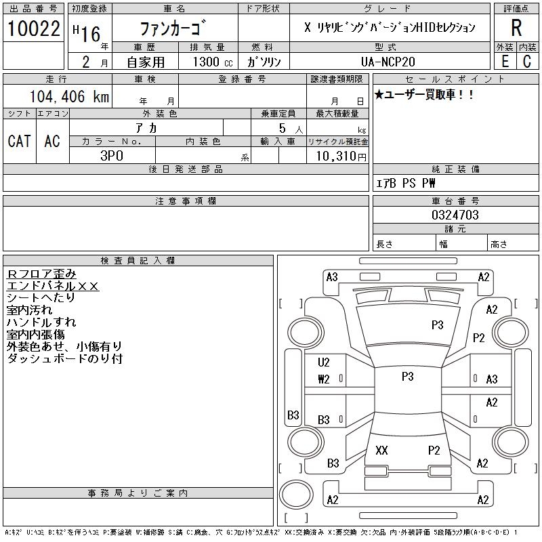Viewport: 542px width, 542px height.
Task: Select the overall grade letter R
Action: [x=516, y=28]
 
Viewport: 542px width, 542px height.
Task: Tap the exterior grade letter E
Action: [x=504, y=61]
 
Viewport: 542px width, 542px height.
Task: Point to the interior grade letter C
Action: [x=527, y=61]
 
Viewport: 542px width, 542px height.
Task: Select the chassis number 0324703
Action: [x=455, y=215]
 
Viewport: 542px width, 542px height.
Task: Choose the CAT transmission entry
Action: [x=19, y=141]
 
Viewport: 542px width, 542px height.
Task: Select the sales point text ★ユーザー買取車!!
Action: [x=424, y=95]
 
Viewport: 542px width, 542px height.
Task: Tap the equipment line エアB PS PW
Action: [x=406, y=183]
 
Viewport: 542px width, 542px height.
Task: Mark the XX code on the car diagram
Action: [x=381, y=450]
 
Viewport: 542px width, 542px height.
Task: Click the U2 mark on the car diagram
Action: [x=323, y=362]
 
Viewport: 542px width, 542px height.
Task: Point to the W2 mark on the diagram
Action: [x=323, y=379]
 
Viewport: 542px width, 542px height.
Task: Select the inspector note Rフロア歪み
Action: [x=42, y=274]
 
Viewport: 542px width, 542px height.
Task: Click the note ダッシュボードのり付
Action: [x=64, y=358]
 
